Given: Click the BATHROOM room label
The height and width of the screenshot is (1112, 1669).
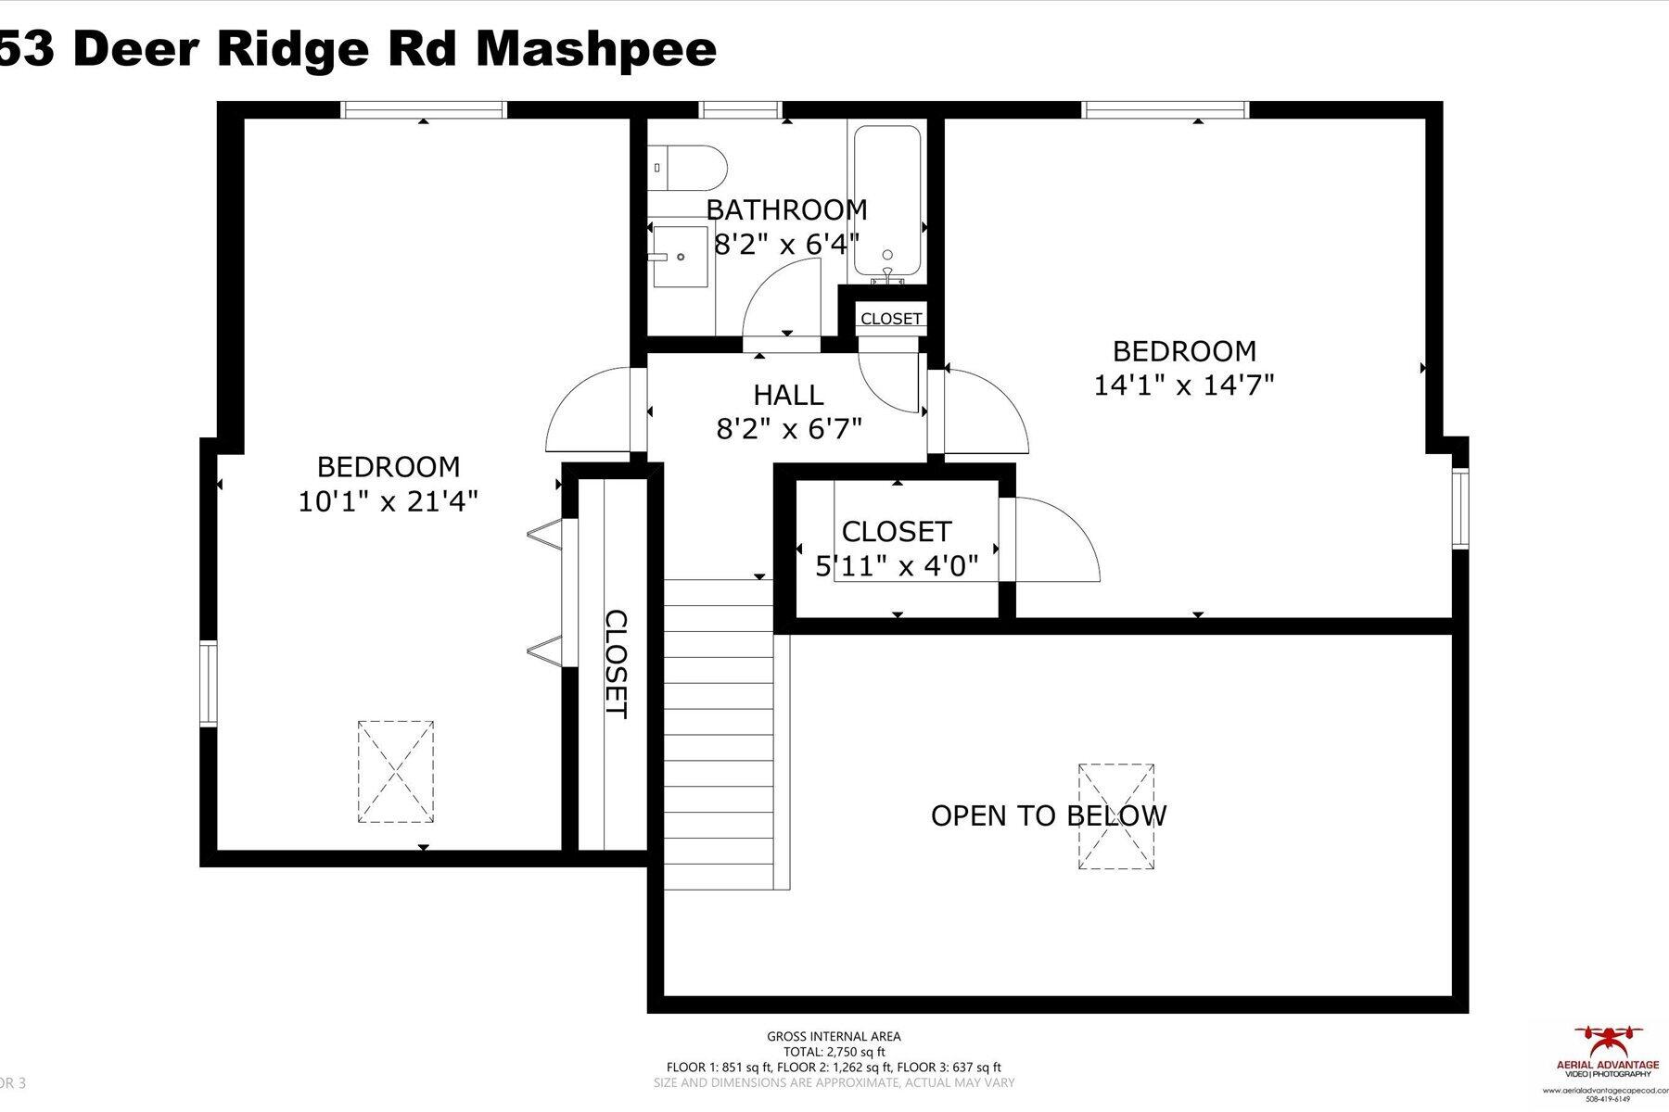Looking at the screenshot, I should click(786, 210).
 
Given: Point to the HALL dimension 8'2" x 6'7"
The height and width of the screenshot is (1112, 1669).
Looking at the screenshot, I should click(789, 429).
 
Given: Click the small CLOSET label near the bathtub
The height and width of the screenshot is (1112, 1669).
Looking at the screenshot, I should click(891, 319).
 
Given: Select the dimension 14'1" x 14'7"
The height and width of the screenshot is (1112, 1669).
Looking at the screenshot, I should click(1184, 385).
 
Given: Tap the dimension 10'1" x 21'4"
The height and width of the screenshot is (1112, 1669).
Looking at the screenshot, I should click(388, 501).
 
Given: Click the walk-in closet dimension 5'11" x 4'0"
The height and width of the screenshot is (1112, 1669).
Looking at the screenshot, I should click(897, 565).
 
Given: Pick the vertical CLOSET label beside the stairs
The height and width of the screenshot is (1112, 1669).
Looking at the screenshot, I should click(617, 663).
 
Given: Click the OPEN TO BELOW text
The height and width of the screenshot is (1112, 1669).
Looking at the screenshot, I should click(1048, 815).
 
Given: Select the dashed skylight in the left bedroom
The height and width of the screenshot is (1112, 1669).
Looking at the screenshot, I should click(396, 772).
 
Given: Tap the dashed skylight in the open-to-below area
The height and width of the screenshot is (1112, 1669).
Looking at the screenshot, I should click(1115, 816).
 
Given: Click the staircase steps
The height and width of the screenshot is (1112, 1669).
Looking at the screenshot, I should click(720, 732).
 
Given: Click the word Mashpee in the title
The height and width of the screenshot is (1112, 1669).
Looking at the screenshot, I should click(595, 48).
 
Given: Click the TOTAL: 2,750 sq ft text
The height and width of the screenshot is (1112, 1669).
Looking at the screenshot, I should click(834, 1052).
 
